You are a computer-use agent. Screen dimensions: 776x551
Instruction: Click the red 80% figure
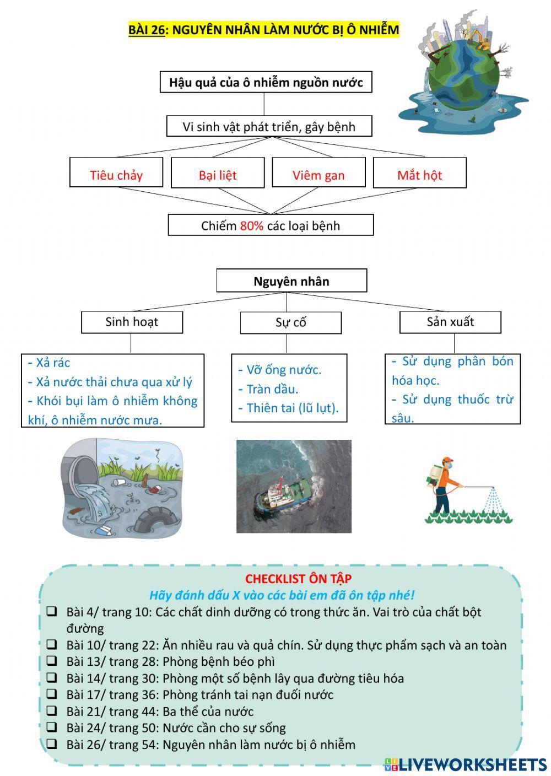(251, 226)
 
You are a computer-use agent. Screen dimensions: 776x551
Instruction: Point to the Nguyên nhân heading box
(291, 281)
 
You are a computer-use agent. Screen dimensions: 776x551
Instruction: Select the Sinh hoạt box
(132, 322)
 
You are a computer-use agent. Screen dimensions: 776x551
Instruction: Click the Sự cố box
(290, 323)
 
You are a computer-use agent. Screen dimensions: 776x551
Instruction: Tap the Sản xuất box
(450, 322)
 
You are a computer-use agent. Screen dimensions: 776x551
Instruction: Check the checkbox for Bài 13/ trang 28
(52, 661)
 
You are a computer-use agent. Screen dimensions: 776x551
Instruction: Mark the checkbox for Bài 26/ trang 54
(52, 744)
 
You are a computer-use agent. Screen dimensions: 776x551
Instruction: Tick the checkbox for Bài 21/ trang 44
(52, 711)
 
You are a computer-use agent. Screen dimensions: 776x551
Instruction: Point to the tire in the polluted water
(157, 521)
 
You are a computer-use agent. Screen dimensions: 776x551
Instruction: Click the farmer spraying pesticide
(442, 484)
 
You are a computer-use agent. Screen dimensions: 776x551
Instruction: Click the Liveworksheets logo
(465, 764)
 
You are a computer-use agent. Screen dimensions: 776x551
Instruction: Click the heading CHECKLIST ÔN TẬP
(298, 579)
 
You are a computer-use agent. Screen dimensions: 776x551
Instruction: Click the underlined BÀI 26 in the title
(147, 30)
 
